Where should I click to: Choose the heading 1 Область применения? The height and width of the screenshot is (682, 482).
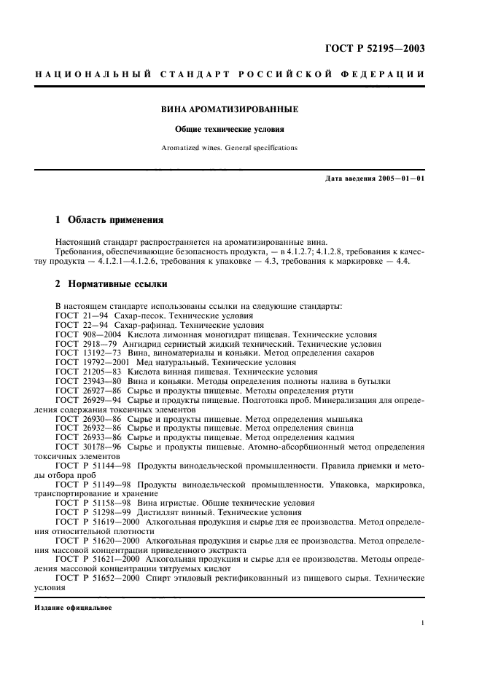click(x=109, y=219)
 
